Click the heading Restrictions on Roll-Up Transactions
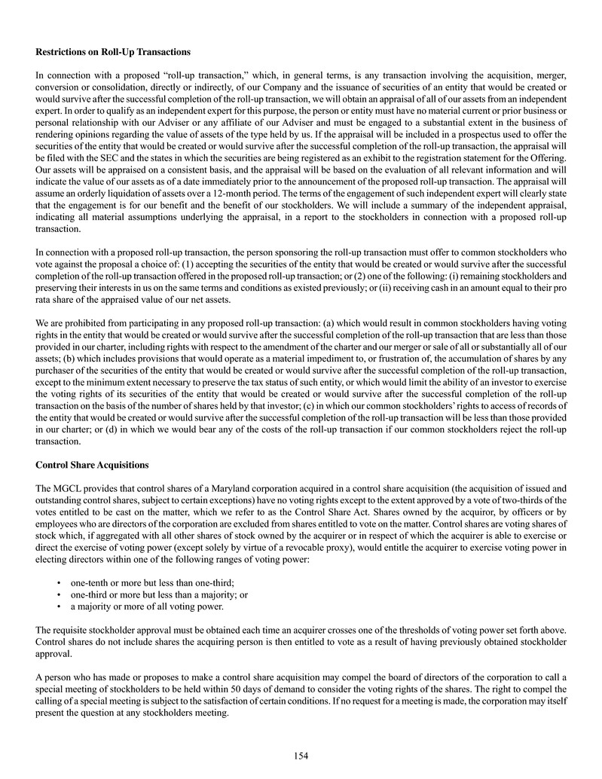tap(113, 52)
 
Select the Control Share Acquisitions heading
tap(92, 464)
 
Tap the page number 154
tap(301, 756)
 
